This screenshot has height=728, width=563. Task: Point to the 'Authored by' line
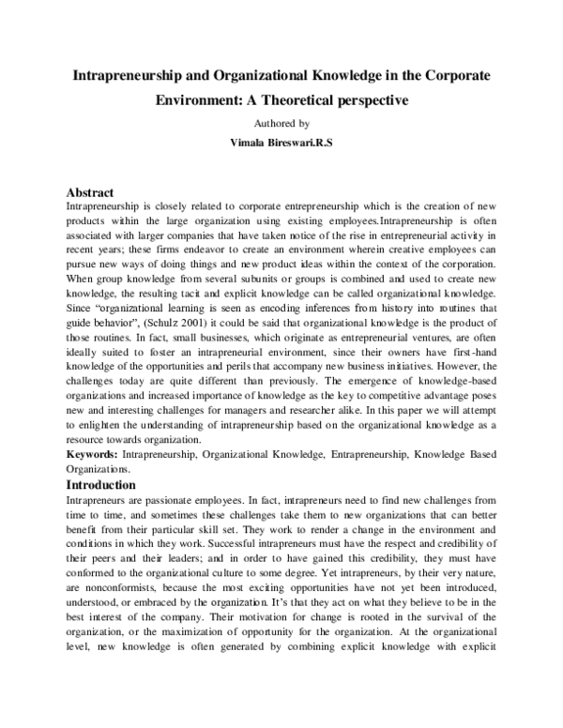[x=281, y=122]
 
